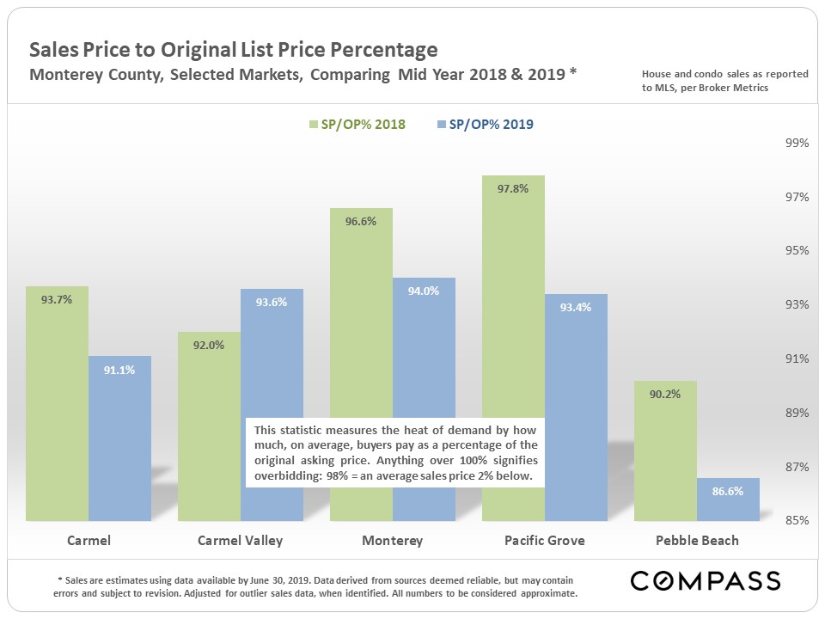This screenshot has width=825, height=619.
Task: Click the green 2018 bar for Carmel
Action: pyautogui.click(x=57, y=404)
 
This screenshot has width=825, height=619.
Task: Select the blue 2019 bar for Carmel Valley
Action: pyautogui.click(x=272, y=361)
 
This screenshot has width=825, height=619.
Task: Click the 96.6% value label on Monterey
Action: pyautogui.click(x=361, y=221)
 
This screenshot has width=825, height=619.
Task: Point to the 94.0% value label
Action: pyautogui.click(x=424, y=291)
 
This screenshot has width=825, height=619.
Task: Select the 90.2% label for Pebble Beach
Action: pyautogui.click(x=665, y=395)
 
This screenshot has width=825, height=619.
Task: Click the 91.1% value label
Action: pyautogui.click(x=119, y=370)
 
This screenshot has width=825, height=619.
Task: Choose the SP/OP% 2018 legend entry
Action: pyautogui.click(x=356, y=125)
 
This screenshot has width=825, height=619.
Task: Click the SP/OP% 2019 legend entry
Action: pyautogui.click(x=486, y=125)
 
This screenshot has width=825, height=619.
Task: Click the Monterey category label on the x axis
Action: pyautogui.click(x=392, y=541)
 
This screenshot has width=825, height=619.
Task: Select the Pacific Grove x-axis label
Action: pyautogui.click(x=544, y=541)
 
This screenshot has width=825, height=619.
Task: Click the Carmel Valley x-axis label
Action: pyautogui.click(x=240, y=541)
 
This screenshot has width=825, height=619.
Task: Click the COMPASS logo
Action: pyautogui.click(x=705, y=580)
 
